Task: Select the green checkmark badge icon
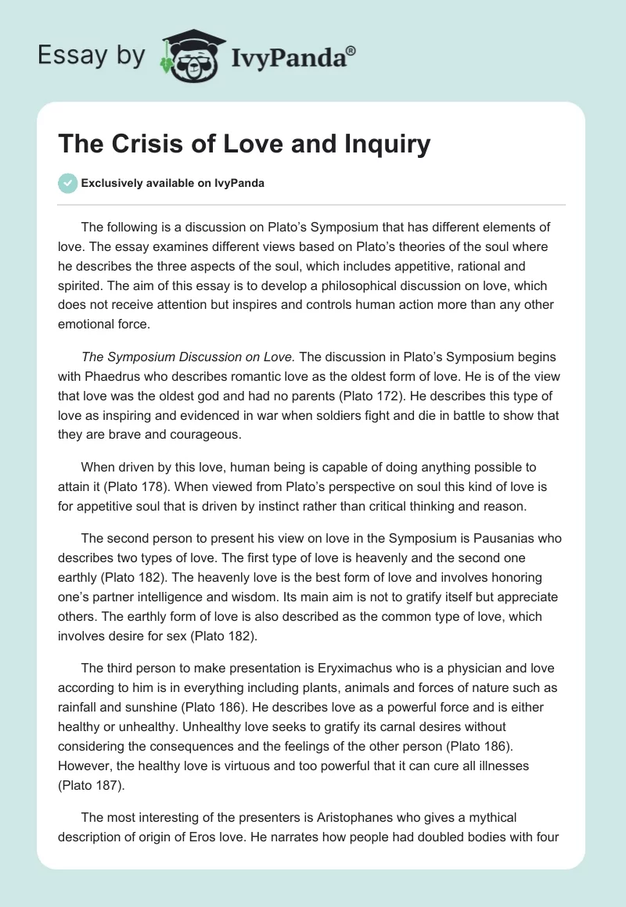67,183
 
